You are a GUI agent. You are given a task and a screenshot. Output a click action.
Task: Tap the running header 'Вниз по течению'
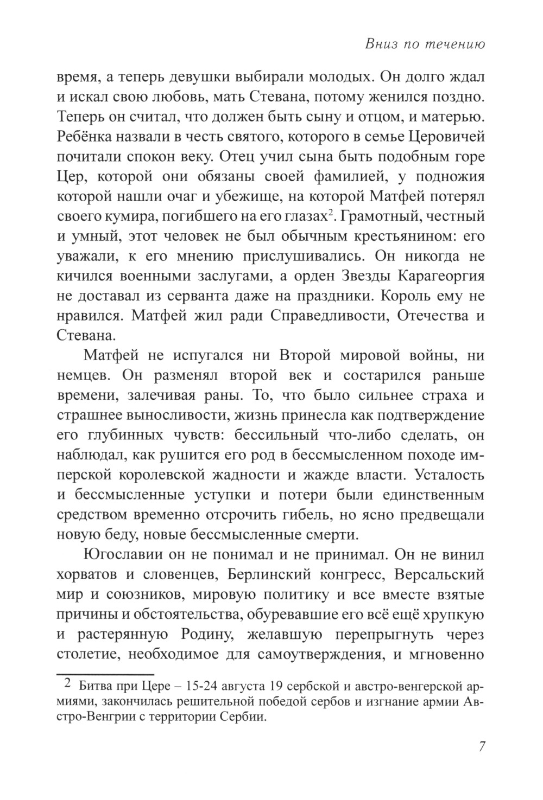tap(425, 44)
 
